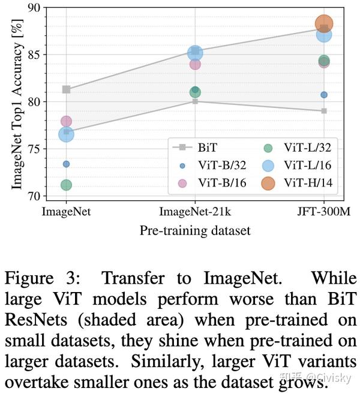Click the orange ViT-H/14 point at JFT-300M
324,24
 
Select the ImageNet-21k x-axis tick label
195,212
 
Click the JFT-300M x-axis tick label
324,212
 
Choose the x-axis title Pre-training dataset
195,230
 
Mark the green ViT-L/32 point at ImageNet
66,185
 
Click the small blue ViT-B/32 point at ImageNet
66,164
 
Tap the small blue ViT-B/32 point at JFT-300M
324,95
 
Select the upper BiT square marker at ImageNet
66,89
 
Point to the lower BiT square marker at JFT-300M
324,111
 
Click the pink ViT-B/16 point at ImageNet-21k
195,64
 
